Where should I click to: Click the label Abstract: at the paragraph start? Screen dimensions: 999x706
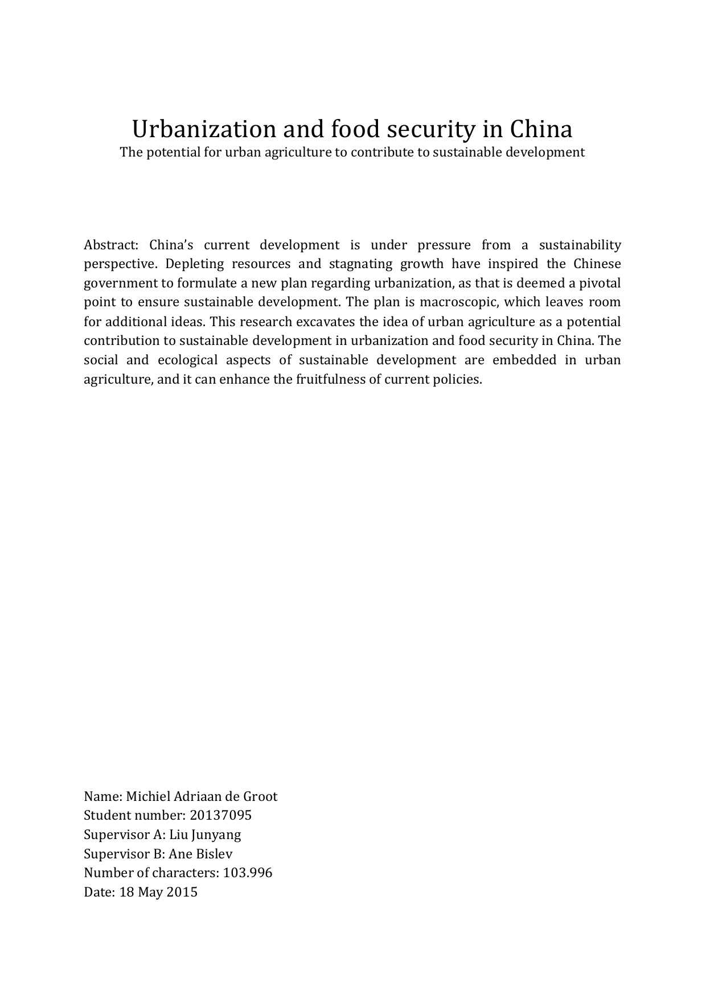(111, 245)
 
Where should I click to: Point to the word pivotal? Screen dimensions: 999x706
(600, 283)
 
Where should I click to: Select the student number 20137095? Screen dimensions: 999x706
(220, 816)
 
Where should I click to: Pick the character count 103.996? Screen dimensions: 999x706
(248, 873)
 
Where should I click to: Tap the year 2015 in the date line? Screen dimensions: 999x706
(182, 892)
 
